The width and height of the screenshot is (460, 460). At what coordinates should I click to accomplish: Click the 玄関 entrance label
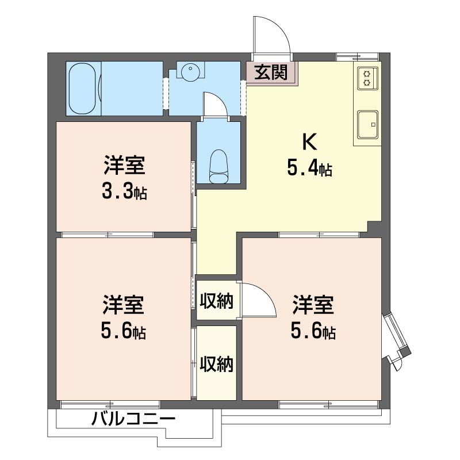point(271,72)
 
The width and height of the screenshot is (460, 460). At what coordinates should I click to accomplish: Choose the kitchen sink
point(367,123)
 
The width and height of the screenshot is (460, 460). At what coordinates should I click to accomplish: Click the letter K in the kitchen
point(309,141)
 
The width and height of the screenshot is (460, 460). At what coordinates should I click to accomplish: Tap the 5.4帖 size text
point(309,169)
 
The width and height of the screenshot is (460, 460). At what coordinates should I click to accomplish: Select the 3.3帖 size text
point(124,191)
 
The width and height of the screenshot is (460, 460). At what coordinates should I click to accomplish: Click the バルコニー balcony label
point(133,420)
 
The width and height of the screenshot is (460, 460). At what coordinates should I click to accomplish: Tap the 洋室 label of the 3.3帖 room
point(124,165)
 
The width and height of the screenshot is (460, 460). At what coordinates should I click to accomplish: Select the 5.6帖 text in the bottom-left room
point(124,331)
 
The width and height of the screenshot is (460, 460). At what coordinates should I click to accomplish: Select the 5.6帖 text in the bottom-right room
point(313,331)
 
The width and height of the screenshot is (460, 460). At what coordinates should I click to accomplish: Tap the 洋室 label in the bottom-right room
point(313,305)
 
